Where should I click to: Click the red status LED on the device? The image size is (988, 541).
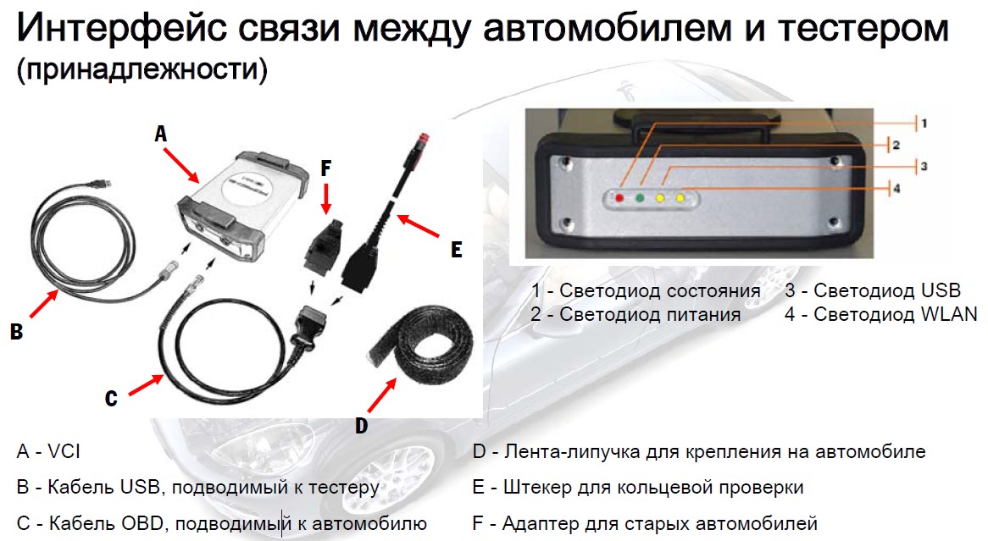619,198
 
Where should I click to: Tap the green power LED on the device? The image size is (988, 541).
640,198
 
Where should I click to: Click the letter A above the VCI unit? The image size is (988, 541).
161,134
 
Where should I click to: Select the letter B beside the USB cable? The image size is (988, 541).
16,331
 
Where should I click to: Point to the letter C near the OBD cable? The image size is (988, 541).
111,398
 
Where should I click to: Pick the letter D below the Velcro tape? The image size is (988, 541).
361,426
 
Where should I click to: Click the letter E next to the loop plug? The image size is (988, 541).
456,250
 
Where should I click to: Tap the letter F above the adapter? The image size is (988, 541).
325,168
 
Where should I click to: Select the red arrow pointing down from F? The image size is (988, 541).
325,198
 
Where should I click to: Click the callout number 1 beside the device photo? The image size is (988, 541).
924,124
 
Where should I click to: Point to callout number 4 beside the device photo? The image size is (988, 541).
896,188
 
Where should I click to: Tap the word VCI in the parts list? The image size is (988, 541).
64,451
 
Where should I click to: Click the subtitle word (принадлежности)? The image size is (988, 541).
142,69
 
